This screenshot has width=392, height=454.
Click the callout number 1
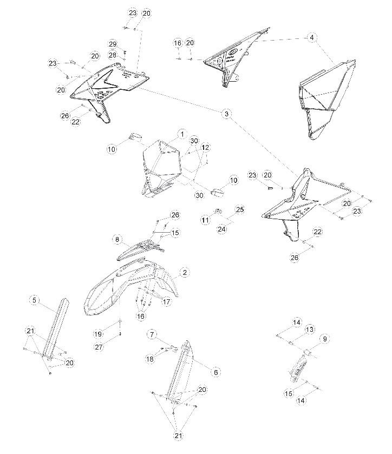point(182,134)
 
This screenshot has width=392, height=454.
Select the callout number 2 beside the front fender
point(185,273)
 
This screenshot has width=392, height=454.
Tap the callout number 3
point(226,114)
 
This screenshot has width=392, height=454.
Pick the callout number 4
point(312,38)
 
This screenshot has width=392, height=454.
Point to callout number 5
point(34,300)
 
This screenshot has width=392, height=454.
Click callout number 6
point(215,372)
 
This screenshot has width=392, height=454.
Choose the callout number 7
point(152,334)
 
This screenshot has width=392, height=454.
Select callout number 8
point(117,239)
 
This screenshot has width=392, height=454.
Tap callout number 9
point(324,339)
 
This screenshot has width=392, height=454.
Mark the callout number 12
point(205,148)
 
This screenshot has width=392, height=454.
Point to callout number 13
point(310,330)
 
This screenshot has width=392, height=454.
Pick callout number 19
point(98,334)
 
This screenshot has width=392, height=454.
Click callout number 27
point(99,346)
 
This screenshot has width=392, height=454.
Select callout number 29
point(113,44)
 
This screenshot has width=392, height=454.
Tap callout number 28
point(113,55)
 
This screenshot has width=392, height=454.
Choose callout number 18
point(151,359)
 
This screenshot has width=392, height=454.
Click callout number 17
point(166,302)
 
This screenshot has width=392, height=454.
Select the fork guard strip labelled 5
point(56,328)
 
